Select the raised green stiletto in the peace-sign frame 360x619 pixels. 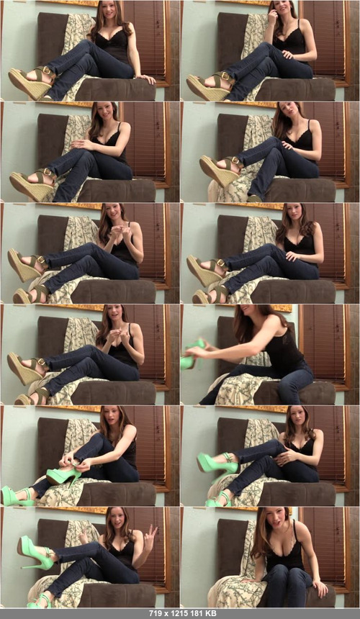[35, 552]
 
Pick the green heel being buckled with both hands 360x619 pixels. [63, 475]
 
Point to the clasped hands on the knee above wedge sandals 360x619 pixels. [83, 145]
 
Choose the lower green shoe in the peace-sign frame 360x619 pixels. [39, 602]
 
